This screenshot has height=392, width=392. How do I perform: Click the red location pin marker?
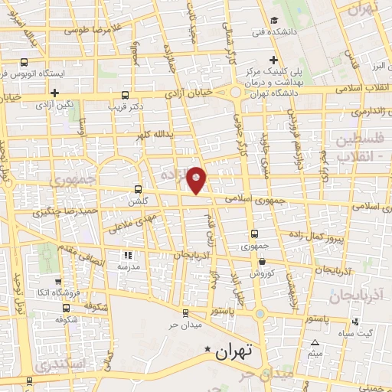pyautogui.click(x=198, y=179)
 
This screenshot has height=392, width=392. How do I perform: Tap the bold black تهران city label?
pyautogui.click(x=234, y=352)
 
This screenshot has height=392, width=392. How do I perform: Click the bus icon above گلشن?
pyautogui.click(x=138, y=188)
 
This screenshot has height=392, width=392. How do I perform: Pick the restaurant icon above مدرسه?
pyautogui.click(x=129, y=255)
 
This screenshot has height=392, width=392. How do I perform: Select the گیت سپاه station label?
pyautogui.click(x=359, y=332)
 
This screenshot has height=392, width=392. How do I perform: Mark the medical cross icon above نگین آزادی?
pyautogui.click(x=54, y=93)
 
